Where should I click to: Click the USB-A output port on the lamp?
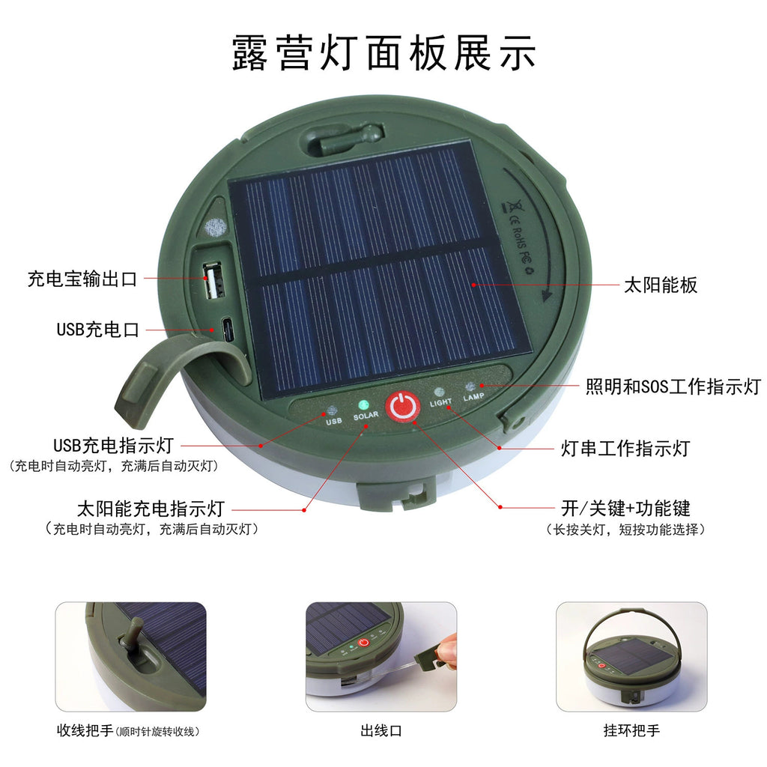coord(211,281)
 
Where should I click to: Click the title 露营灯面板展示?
coord(383,52)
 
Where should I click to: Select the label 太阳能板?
coord(660,285)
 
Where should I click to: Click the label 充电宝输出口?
coord(82,280)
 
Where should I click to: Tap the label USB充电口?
coord(98,330)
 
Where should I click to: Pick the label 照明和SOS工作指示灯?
coord(673,386)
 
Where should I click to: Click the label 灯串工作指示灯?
coord(625,449)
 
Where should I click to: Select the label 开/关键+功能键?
coord(625,509)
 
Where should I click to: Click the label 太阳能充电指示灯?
coord(151,509)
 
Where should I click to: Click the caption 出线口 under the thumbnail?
coord(381,730)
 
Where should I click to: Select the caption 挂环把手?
coord(631,730)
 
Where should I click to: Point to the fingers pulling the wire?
coord(446,649)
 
